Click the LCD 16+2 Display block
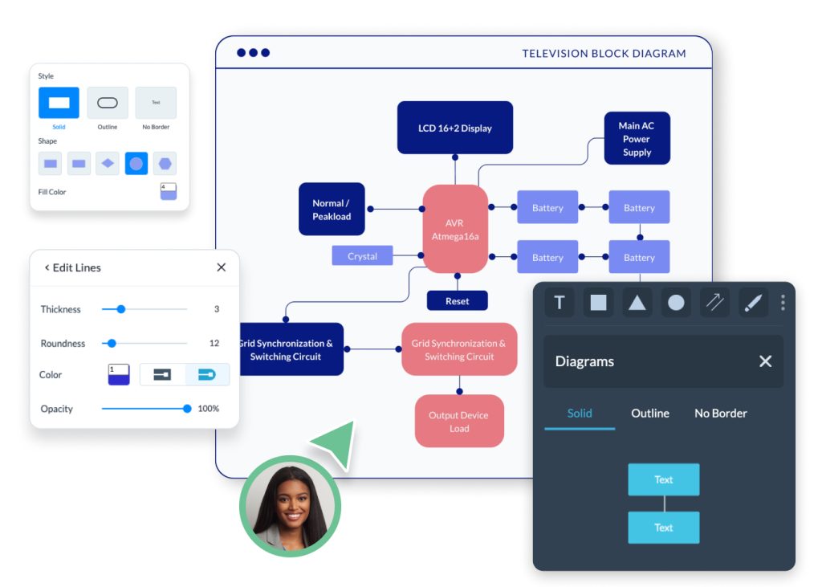coord(454,128)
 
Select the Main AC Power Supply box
coord(637,139)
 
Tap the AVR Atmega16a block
coord(455,230)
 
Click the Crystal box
coord(362,256)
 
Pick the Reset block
coord(457,301)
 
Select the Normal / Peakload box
coord(332,210)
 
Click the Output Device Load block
coord(459,422)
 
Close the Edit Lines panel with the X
coord(222,267)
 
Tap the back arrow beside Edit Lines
coord(47,267)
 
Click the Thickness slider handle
coord(121,309)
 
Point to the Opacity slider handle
coord(187,409)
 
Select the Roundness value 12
coord(214,343)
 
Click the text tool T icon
coord(560,303)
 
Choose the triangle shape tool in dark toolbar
coord(637,303)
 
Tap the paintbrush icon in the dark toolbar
coord(753,303)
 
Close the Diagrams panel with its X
coord(765,361)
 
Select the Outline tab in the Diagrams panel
coord(649,414)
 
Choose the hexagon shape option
coord(165,164)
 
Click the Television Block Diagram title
coord(604,54)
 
